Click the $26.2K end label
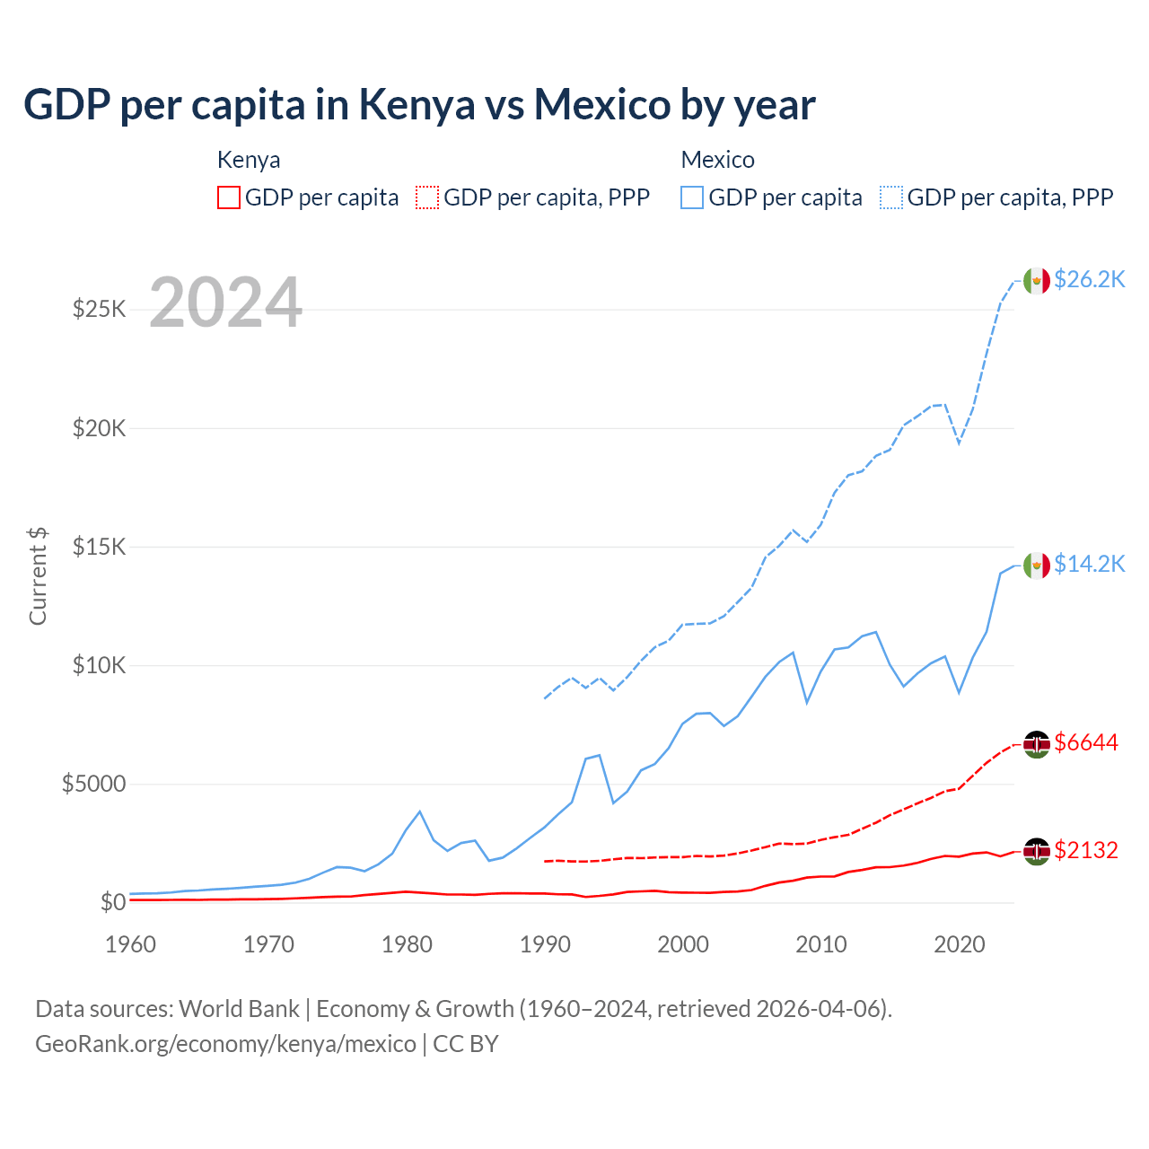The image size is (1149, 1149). (x=1089, y=279)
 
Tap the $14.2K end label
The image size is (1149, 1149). (x=1089, y=564)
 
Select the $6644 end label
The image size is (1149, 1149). (x=1086, y=742)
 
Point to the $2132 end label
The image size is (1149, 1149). (x=1086, y=850)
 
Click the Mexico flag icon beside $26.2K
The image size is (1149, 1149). (x=1037, y=281)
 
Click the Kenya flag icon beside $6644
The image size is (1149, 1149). (x=1037, y=744)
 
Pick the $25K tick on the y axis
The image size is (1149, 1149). (x=99, y=310)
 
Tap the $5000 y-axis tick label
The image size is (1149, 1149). (x=93, y=784)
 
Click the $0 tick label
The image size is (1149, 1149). (x=112, y=902)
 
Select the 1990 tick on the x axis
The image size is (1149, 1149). (x=545, y=944)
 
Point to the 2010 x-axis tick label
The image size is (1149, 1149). (x=821, y=944)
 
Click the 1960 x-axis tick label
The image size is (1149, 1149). (x=131, y=944)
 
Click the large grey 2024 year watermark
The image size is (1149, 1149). (x=225, y=303)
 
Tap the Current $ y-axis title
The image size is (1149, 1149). (x=38, y=576)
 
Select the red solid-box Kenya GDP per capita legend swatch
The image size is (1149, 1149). (x=229, y=197)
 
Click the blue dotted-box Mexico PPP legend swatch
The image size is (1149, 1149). (x=891, y=197)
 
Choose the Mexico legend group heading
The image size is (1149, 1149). (x=717, y=160)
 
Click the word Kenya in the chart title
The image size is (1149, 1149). (x=417, y=104)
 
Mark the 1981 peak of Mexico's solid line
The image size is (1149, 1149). (x=419, y=811)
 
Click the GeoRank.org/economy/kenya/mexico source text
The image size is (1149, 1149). (x=225, y=1044)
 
